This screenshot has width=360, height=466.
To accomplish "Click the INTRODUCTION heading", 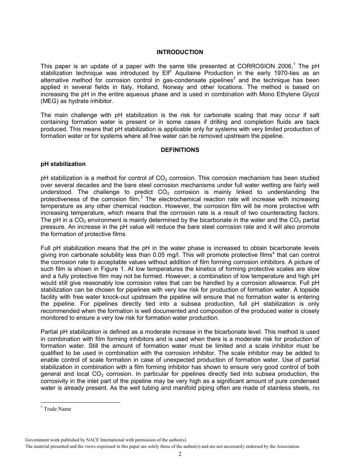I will pyautogui.click(x=180, y=52).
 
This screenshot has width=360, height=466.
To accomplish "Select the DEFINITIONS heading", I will pyautogui.click(x=180, y=150).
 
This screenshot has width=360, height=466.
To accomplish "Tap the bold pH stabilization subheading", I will pyautogui.click(x=63, y=164).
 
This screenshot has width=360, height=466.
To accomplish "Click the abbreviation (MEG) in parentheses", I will pyautogui.click(x=49, y=101).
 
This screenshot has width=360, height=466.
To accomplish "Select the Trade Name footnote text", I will pyautogui.click(x=57, y=409).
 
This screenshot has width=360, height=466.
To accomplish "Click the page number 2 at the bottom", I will pyautogui.click(x=180, y=454).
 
